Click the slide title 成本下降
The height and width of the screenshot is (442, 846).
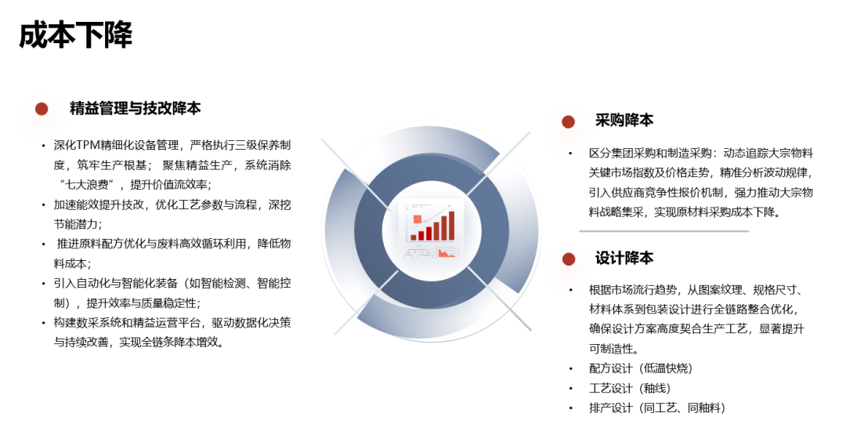[x=76, y=35]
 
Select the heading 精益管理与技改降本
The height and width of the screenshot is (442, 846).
[x=135, y=108]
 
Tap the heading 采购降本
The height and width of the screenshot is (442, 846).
[x=624, y=121]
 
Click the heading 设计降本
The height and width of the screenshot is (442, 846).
[x=624, y=258]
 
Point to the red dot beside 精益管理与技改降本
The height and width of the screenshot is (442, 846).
[x=42, y=109]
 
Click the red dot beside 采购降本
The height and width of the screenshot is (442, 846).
[x=568, y=121]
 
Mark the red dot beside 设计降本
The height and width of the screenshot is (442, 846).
[x=568, y=259]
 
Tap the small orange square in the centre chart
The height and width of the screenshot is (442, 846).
[x=418, y=219]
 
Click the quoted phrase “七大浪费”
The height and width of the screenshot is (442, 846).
[x=91, y=185]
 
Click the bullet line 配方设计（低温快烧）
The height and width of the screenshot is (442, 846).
[x=640, y=368]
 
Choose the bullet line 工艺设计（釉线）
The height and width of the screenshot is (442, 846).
[x=629, y=388]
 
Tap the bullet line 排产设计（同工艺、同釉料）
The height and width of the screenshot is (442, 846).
[x=656, y=408]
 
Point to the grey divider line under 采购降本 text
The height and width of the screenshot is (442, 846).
[x=663, y=231]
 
